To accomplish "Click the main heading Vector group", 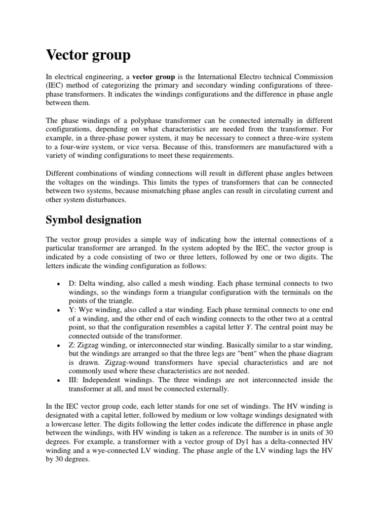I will tap(88, 56).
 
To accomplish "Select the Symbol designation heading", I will tap(93, 219).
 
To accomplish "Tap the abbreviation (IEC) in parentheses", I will tap(55, 87).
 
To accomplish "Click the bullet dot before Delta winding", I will tap(58, 285).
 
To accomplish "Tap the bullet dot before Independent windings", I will tap(58, 381).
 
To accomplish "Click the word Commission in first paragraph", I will tap(312, 78).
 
